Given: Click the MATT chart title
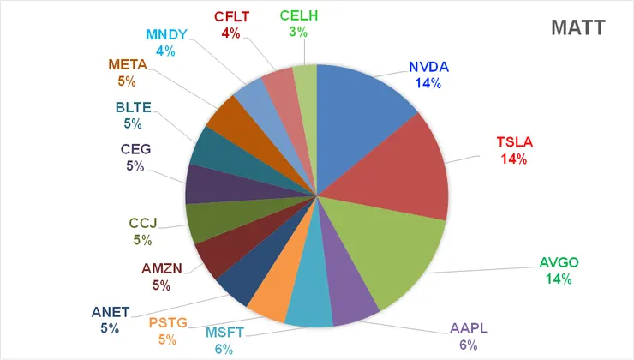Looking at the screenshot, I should tap(580, 28).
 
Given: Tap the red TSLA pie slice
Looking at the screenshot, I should tap(411, 171).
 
